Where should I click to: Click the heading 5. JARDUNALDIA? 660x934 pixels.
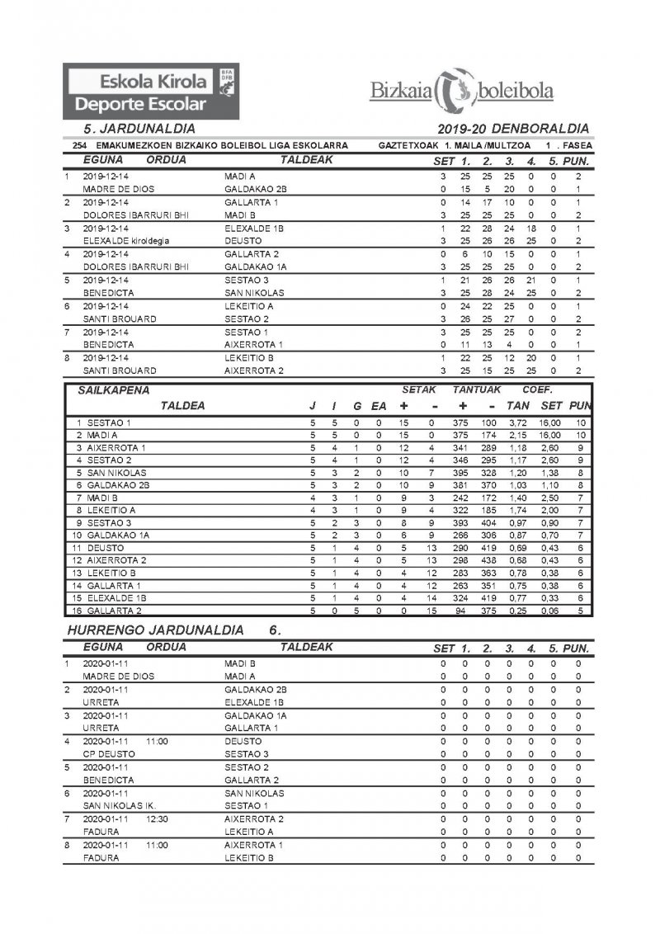click(x=139, y=129)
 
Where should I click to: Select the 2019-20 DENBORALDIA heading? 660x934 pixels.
click(x=515, y=129)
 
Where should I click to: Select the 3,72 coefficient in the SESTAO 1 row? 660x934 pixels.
click(x=517, y=422)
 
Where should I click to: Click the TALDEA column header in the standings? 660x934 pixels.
click(x=182, y=405)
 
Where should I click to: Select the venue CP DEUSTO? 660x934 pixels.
click(x=106, y=754)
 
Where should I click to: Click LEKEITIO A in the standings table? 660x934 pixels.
click(x=112, y=511)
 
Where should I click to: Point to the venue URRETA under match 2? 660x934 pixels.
click(x=99, y=701)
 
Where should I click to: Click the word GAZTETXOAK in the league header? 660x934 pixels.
click(x=408, y=145)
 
